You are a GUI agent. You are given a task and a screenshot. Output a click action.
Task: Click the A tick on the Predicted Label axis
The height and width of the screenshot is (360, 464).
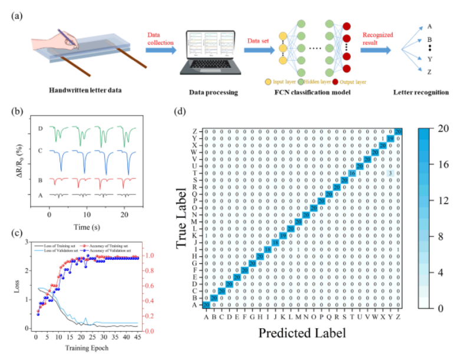tap(206, 316)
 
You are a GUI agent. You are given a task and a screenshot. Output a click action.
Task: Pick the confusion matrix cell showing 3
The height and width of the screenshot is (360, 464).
tap(390, 173)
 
